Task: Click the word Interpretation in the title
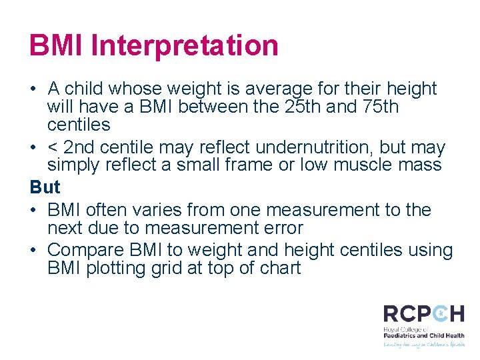184,45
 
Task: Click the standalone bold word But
45,187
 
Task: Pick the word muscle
369,165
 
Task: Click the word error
283,228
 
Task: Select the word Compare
86,250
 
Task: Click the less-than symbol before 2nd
53,147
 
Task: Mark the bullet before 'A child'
33,89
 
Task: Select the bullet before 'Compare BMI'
33,250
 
